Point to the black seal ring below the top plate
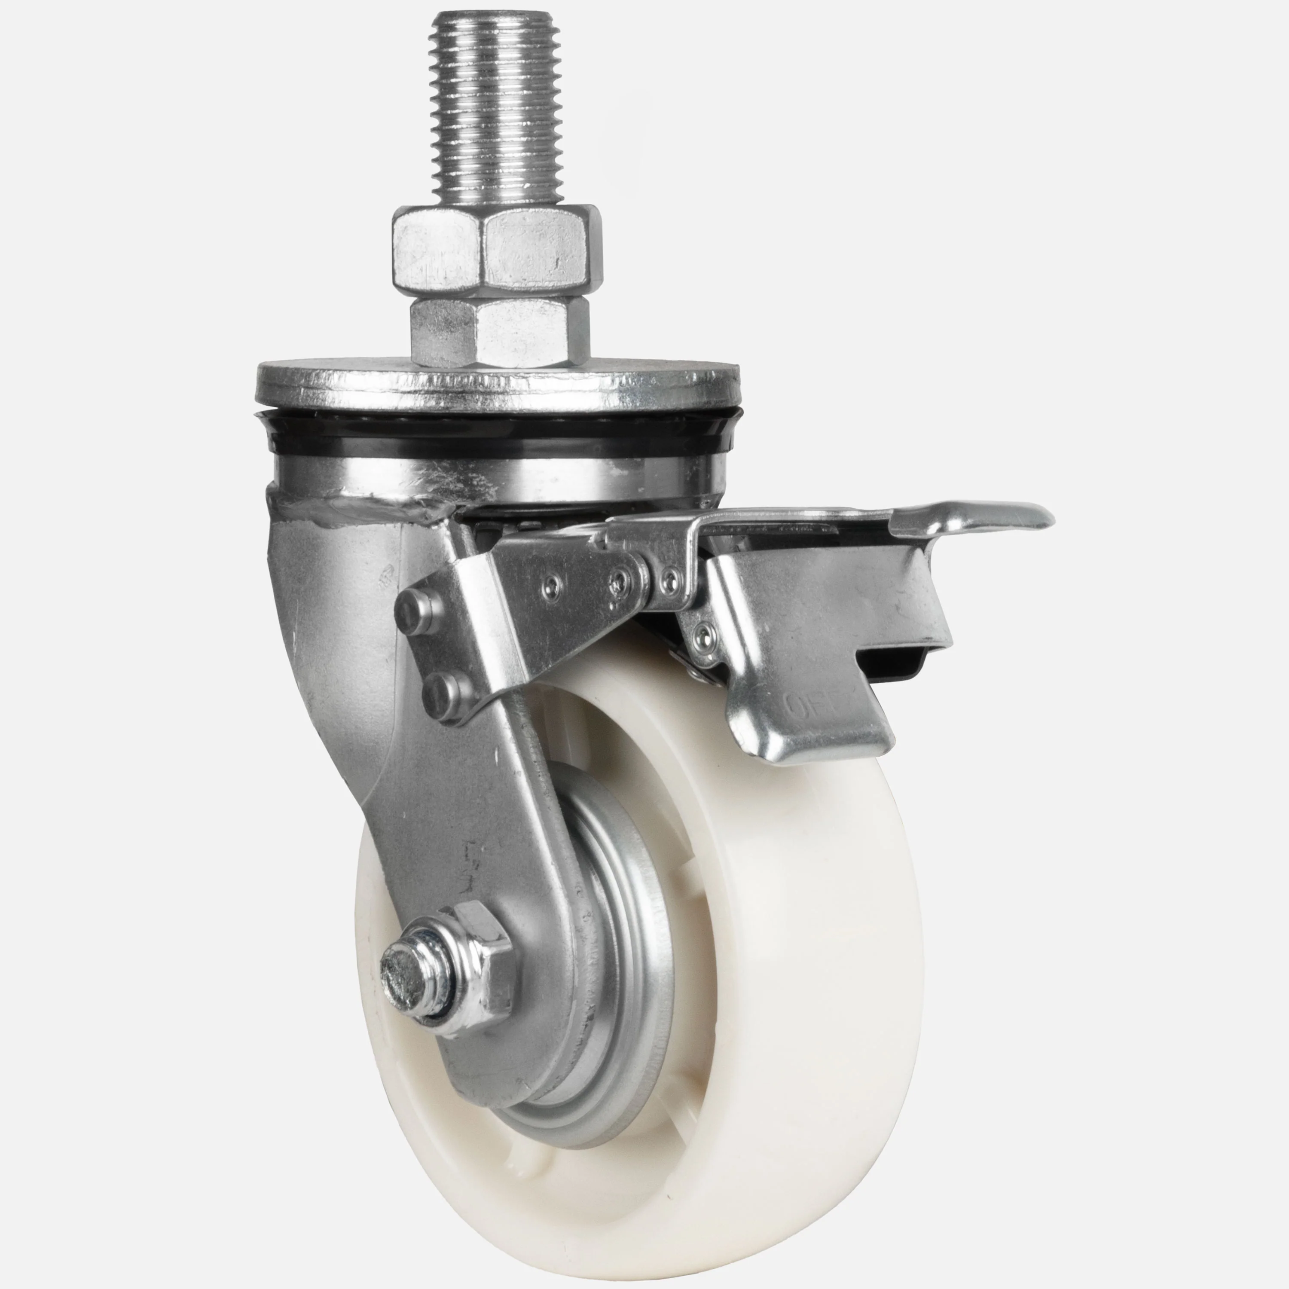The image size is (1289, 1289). [497, 437]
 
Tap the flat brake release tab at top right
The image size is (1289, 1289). [968, 516]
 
